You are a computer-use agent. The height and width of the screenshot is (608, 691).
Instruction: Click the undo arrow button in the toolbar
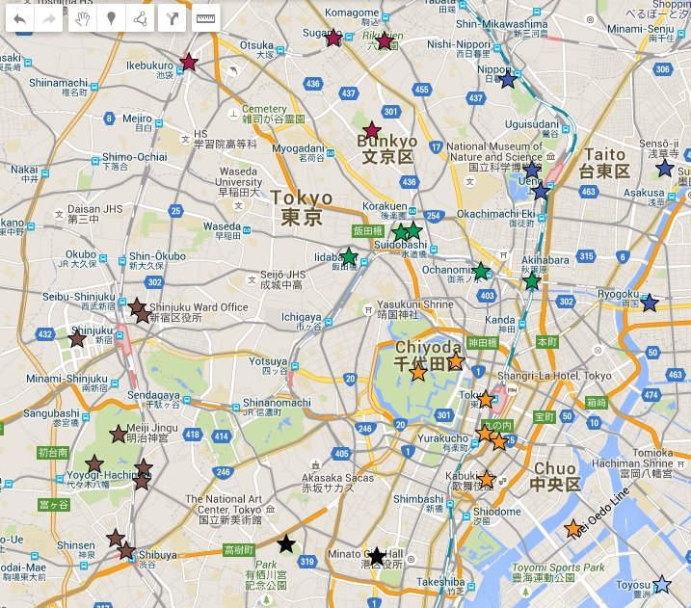(19, 18)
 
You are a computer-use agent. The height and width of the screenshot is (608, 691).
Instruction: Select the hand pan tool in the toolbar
(82, 18)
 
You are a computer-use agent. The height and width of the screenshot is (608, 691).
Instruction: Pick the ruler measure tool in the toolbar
(205, 18)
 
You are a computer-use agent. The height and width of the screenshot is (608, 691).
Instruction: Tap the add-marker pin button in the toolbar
(112, 18)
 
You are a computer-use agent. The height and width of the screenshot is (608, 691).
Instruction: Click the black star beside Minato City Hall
(377, 556)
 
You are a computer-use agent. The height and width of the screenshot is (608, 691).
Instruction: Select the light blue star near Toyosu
(661, 584)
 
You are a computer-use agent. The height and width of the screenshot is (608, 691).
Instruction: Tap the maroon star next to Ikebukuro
(189, 63)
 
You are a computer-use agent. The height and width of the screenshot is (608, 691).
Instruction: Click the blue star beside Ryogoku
(650, 303)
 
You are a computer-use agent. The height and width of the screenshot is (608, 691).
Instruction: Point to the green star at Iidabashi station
(349, 256)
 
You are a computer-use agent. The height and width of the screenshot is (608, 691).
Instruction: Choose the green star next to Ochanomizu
(480, 272)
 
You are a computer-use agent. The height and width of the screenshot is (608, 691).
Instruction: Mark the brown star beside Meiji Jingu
(119, 434)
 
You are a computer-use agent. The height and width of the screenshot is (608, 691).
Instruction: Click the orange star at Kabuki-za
(487, 479)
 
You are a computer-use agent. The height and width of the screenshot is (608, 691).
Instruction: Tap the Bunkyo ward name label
(386, 148)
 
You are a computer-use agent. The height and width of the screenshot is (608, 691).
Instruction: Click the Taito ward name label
(604, 163)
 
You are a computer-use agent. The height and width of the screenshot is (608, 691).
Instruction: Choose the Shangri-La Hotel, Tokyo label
(555, 376)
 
